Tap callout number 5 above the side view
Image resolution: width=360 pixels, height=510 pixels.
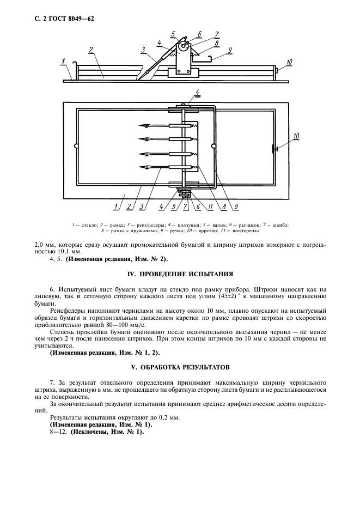point(173,34)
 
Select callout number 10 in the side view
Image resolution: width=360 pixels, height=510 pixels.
point(289,62)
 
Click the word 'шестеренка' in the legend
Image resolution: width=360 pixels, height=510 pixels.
point(244,230)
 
